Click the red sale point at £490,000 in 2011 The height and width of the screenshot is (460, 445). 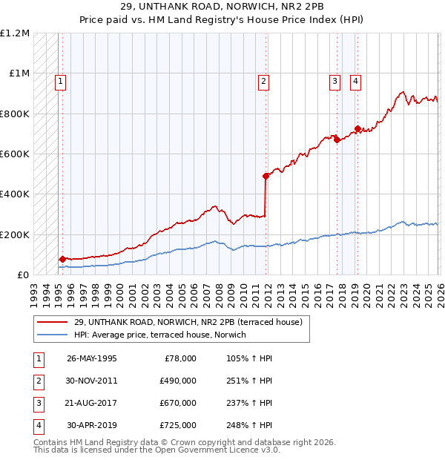point(265,177)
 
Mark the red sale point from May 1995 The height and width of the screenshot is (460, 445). point(62,260)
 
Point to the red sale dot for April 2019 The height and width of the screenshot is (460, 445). point(357,129)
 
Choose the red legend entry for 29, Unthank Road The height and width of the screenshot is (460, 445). point(188,323)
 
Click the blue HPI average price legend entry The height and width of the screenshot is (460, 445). point(159,335)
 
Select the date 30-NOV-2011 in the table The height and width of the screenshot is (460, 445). point(92,381)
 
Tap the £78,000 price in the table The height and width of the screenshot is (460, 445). point(180,358)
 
